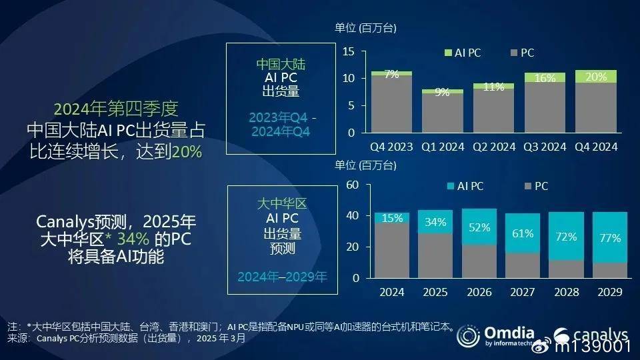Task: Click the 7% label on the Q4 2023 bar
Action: (391, 74)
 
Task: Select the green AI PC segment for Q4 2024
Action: (596, 76)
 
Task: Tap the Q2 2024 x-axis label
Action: (494, 147)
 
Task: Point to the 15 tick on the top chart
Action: (349, 51)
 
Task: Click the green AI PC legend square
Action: (448, 53)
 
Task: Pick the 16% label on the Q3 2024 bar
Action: (545, 78)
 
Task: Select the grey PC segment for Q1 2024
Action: (443, 113)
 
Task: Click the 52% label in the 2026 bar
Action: (479, 227)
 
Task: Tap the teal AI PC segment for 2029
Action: (610, 237)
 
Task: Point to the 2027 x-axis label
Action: (523, 292)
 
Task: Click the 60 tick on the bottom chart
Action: (352, 185)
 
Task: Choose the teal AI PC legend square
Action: (451, 186)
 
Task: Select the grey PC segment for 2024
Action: (392, 250)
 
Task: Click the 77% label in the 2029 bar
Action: (610, 238)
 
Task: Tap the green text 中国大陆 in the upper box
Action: (281, 64)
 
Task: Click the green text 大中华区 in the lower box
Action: (282, 203)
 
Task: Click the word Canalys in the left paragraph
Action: (65, 223)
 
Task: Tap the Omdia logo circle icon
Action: (468, 336)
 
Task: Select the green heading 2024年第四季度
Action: (116, 109)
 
